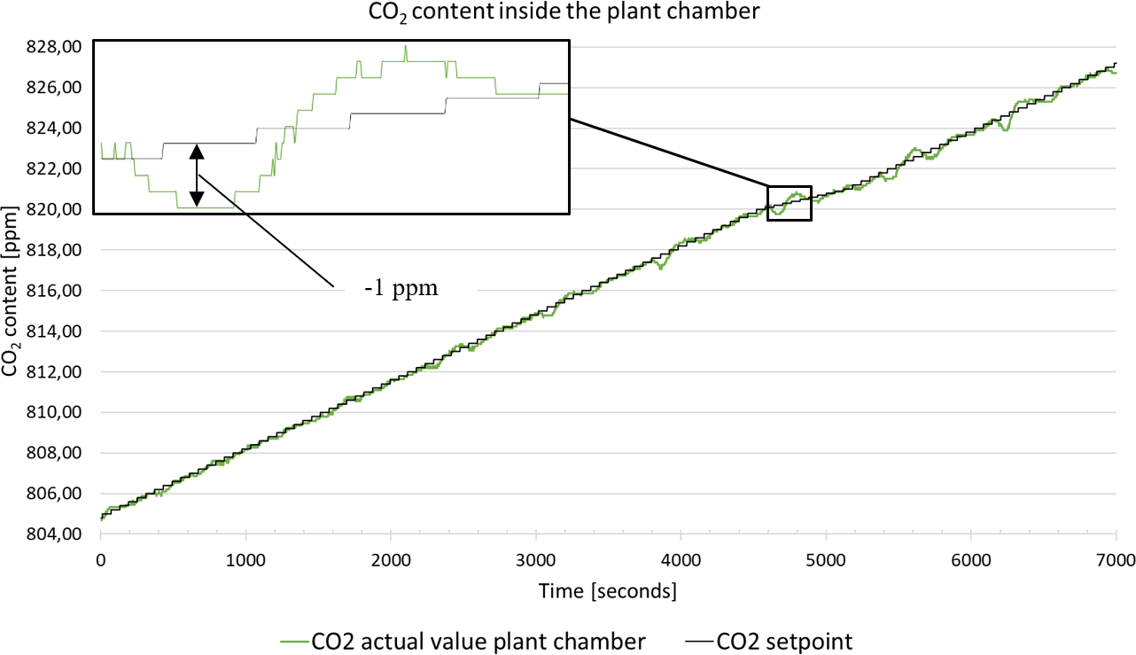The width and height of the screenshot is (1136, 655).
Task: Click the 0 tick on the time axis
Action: pyautogui.click(x=101, y=560)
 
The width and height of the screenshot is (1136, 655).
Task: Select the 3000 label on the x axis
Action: pyautogui.click(x=535, y=560)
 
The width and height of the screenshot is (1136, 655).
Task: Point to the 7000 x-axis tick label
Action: pyautogui.click(x=1116, y=560)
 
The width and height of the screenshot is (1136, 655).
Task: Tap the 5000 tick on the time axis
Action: pyautogui.click(x=825, y=560)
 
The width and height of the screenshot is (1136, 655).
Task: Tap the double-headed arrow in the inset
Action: pyautogui.click(x=197, y=175)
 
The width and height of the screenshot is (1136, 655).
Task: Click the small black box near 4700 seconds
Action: pyautogui.click(x=789, y=203)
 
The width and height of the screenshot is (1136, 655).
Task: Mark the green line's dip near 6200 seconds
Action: pyautogui.click(x=1005, y=129)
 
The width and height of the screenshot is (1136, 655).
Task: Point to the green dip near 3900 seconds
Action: pyautogui.click(x=660, y=267)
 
